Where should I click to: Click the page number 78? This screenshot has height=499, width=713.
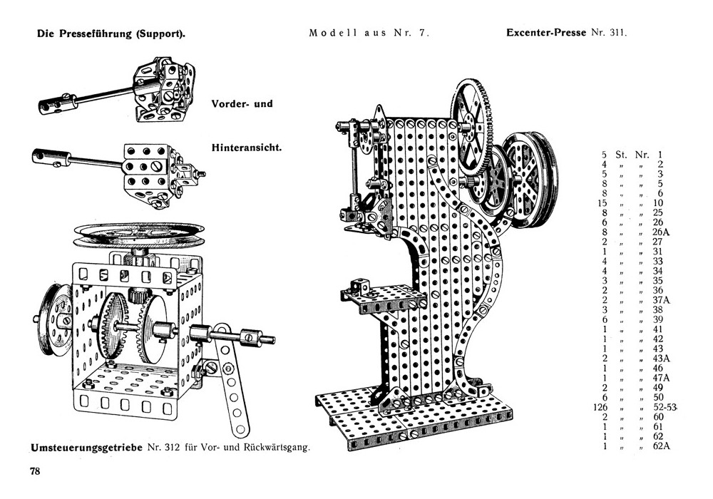35,471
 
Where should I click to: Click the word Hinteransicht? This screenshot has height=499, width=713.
247,148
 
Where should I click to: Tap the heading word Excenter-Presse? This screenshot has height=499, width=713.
546,33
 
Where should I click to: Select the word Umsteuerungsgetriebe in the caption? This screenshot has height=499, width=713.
87,448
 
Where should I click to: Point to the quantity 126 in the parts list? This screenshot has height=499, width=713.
600,407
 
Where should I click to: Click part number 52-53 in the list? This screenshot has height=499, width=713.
665,407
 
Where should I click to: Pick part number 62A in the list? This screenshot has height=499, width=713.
661,446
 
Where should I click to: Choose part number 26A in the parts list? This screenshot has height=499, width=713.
661,232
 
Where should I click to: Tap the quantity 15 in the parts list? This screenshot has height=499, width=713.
602,202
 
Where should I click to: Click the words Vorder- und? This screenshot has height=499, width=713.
242,103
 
